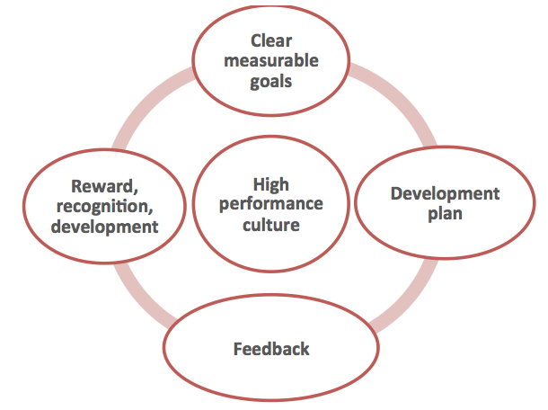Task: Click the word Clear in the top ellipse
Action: (x=271, y=40)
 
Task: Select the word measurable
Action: (x=271, y=60)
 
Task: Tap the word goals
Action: (x=270, y=82)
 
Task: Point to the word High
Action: (x=271, y=184)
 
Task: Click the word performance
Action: (x=271, y=204)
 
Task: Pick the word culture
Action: (x=271, y=225)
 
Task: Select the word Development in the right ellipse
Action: (x=446, y=194)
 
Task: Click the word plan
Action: (x=446, y=214)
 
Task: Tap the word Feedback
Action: (x=271, y=349)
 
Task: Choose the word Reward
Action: (x=104, y=186)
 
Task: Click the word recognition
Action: (x=104, y=207)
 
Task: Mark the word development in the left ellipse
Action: (x=104, y=227)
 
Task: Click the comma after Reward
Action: (x=136, y=192)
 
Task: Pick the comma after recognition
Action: (x=151, y=211)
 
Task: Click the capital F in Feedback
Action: (x=238, y=349)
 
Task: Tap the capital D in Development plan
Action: (x=397, y=194)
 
